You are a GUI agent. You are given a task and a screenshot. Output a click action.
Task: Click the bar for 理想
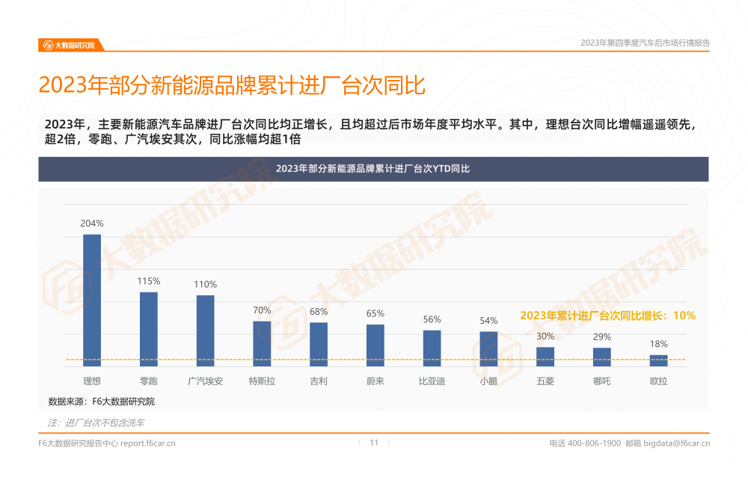point(92,300)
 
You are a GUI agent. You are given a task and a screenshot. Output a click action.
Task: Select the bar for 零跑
point(149,328)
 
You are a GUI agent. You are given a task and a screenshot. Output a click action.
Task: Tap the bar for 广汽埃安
point(206,330)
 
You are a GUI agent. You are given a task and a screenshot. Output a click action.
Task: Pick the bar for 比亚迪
point(432,348)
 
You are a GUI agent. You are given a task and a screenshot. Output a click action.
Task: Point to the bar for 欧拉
point(658,360)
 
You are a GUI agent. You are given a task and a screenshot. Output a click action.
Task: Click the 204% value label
point(92,224)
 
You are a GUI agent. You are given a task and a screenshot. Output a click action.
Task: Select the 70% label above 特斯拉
point(262,310)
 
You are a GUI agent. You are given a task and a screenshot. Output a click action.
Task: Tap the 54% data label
point(488,321)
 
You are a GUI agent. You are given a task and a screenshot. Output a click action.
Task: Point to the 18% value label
point(658,344)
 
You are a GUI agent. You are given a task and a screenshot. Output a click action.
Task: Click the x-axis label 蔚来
point(375,381)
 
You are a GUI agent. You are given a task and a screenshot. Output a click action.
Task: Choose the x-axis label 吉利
point(319,381)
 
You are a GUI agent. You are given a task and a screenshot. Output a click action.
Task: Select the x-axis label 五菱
point(545,381)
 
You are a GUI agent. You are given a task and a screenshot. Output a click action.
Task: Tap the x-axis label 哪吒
point(602,381)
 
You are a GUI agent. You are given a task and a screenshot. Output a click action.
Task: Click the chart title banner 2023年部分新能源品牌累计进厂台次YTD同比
point(373,169)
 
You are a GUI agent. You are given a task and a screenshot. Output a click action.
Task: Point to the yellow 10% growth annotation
point(607,316)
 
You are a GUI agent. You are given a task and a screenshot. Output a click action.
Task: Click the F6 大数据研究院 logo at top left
point(69,45)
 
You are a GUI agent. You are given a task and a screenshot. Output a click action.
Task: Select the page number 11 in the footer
point(374,443)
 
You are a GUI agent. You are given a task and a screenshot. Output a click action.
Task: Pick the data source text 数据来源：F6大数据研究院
point(102,402)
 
